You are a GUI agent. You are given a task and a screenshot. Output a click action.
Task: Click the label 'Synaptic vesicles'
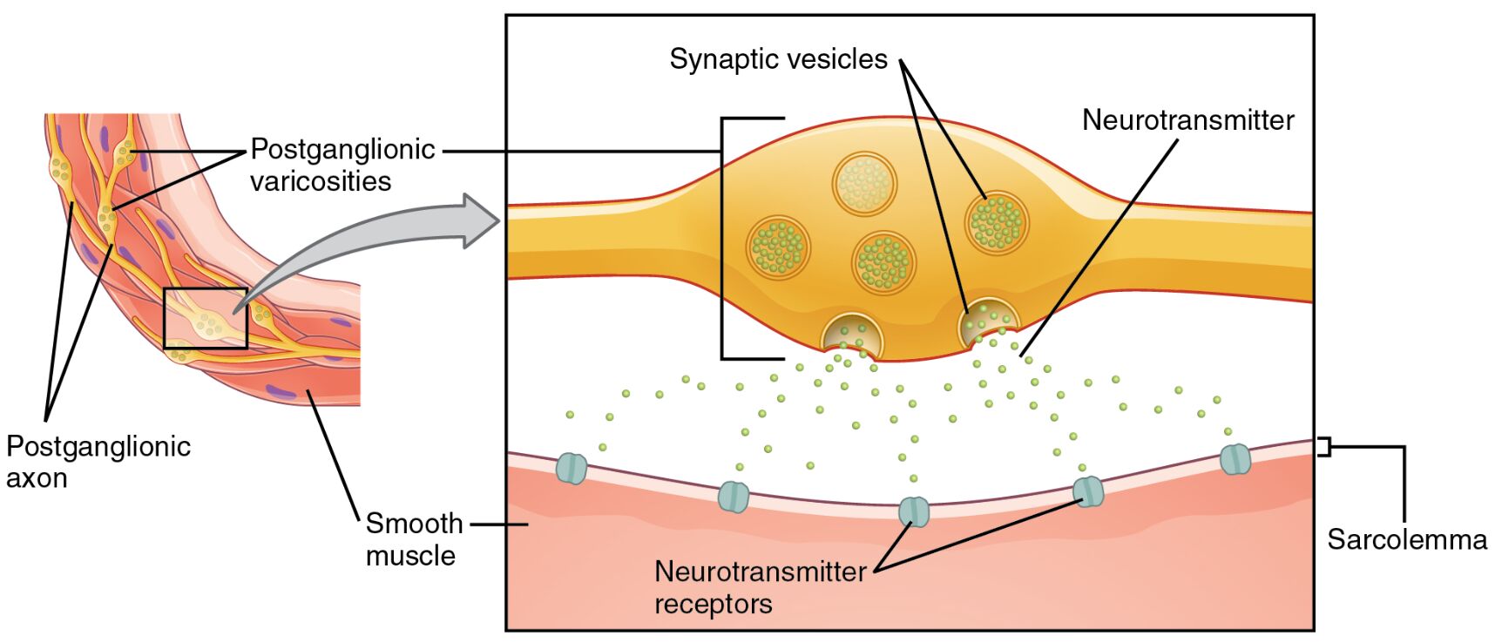click(x=778, y=59)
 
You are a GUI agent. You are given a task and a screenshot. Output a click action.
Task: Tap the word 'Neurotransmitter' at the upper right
click(x=1187, y=120)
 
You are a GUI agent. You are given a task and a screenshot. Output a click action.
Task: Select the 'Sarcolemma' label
click(x=1406, y=539)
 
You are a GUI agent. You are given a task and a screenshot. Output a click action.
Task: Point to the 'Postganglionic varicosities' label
click(x=342, y=165)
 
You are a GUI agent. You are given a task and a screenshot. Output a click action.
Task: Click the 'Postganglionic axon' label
click(x=98, y=462)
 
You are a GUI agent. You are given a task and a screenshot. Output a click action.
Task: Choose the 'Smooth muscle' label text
click(x=413, y=539)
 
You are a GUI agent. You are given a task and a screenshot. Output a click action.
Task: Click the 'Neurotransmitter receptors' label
click(x=759, y=587)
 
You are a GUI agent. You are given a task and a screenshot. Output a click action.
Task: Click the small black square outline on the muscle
click(x=206, y=318)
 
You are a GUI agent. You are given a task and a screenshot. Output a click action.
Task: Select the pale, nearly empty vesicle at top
click(x=864, y=184)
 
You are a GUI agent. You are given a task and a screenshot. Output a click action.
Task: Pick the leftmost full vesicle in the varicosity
click(x=778, y=247)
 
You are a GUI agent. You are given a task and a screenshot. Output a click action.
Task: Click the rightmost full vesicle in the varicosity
click(x=996, y=222)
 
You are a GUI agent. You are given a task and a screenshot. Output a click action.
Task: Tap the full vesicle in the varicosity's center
click(x=883, y=262)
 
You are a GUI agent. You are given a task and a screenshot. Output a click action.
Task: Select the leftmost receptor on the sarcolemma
click(x=572, y=468)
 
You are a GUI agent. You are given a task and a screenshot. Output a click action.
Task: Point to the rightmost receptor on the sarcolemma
click(x=1235, y=458)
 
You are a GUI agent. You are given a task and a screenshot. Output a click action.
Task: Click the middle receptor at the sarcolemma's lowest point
click(x=913, y=511)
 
